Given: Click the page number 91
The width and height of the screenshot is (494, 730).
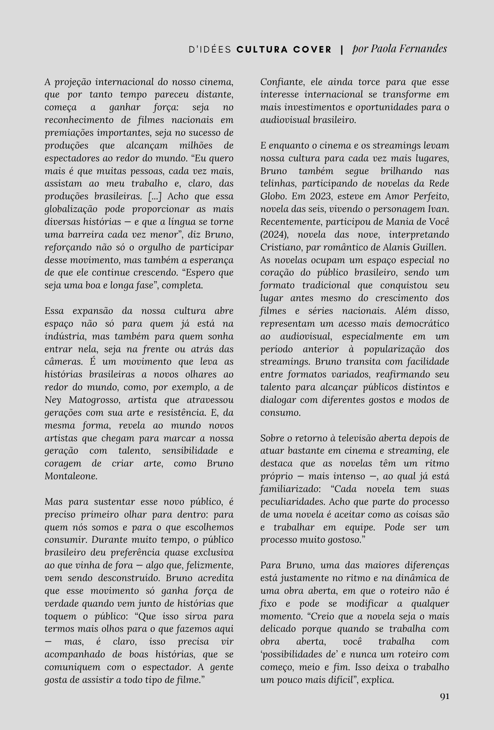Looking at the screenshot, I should (x=444, y=696).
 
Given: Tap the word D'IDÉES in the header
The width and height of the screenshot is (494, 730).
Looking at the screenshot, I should (x=210, y=50).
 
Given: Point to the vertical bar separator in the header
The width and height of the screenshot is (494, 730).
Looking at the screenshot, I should (x=342, y=50).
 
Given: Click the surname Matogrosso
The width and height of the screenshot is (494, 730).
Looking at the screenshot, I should (x=95, y=400).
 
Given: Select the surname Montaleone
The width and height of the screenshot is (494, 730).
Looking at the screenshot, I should (x=71, y=476).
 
